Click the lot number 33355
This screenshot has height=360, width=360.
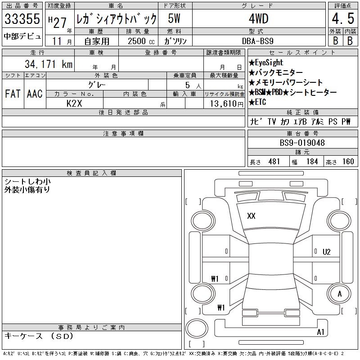[22, 18]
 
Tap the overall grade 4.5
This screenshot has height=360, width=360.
[343, 18]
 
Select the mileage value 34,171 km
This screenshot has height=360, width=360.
[49, 64]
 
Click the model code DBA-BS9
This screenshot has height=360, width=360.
[258, 41]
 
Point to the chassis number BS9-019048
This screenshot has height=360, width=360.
[302, 143]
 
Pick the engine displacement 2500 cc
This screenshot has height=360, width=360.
[141, 41]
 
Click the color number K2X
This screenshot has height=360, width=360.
[74, 103]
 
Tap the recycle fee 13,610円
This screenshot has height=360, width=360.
[227, 104]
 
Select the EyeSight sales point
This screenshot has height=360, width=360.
[266, 63]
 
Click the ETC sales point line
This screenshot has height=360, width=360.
[257, 102]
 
